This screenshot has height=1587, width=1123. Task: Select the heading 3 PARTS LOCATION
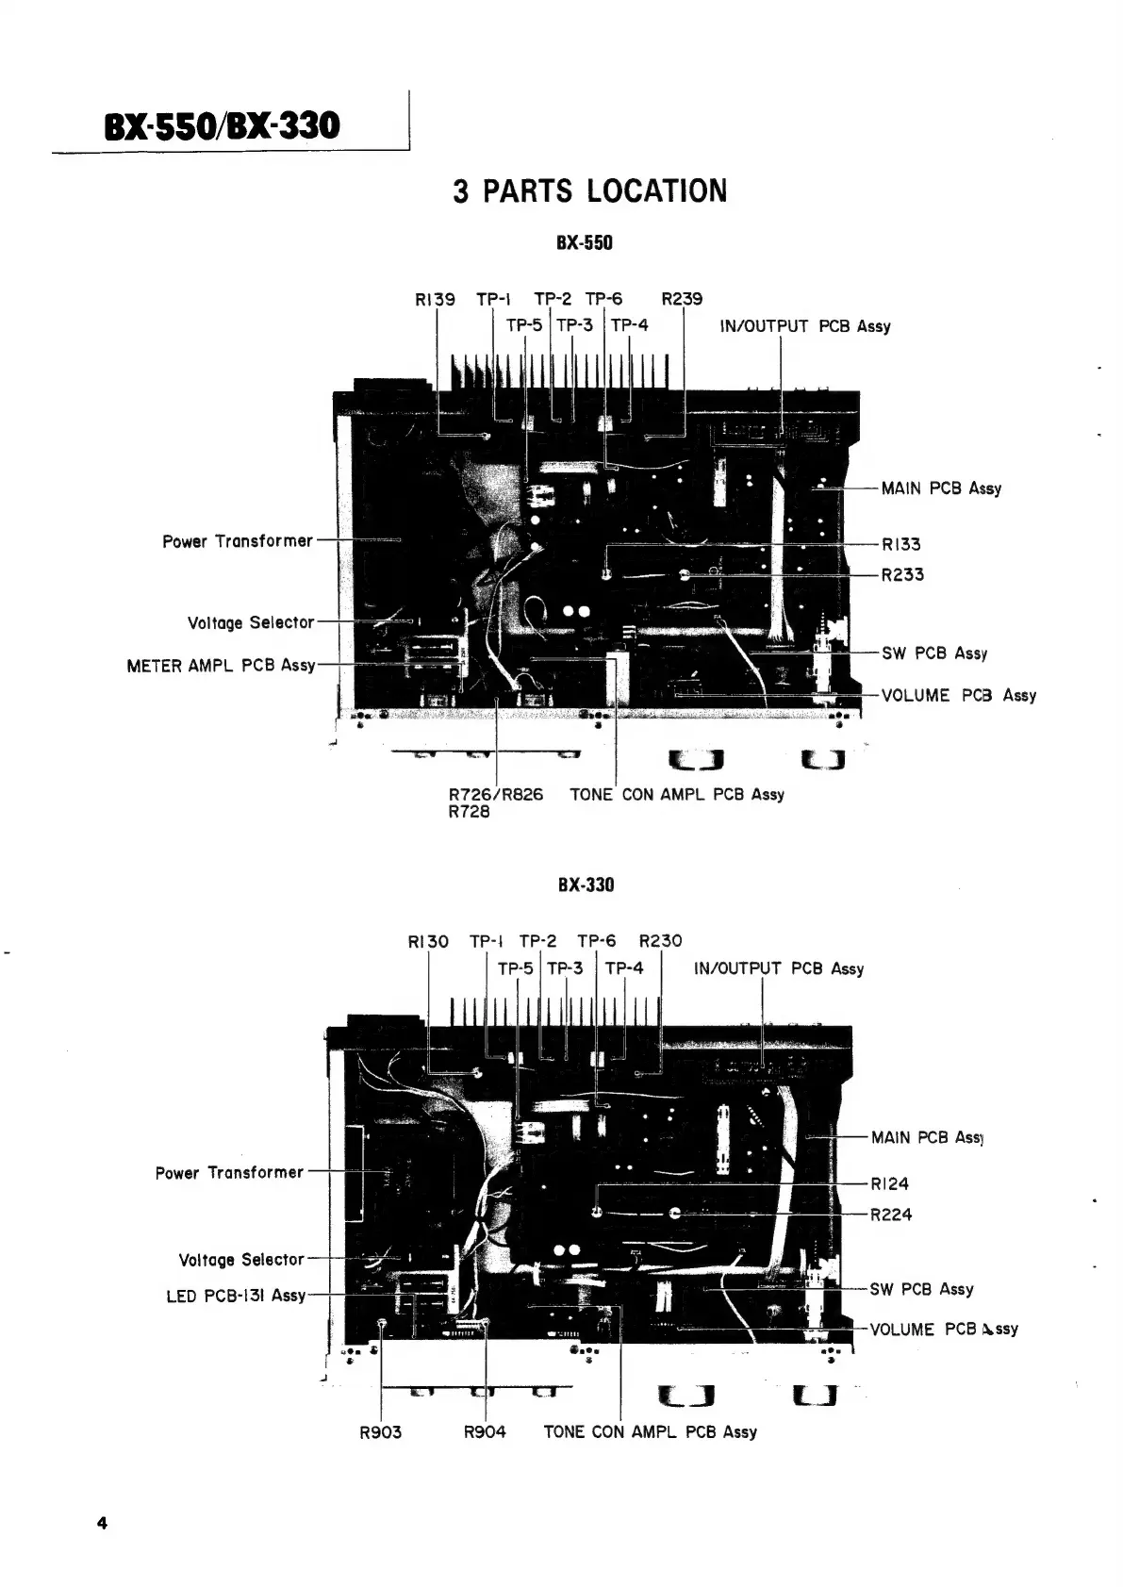589,191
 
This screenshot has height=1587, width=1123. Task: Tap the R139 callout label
435,300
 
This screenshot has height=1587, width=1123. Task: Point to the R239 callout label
682,300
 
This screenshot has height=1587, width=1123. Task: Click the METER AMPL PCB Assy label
221,666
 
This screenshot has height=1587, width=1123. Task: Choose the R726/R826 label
496,794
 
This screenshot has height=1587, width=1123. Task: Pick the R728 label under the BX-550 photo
470,812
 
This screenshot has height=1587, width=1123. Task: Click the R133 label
901,544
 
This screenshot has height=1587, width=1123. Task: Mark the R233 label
902,574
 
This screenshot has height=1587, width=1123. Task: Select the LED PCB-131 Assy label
236,1296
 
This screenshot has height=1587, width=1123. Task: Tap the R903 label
381,1432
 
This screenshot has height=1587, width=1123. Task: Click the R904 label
485,1432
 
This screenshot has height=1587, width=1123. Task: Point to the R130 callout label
428,941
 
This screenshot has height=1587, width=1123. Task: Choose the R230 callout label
660,941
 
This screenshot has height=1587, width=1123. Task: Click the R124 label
890,1184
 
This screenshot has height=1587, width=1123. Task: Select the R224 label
891,1215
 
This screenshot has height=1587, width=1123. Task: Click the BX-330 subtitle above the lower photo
586,884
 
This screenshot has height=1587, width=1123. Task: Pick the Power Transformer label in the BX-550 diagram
238,541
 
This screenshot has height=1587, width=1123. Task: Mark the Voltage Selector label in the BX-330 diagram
241,1260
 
